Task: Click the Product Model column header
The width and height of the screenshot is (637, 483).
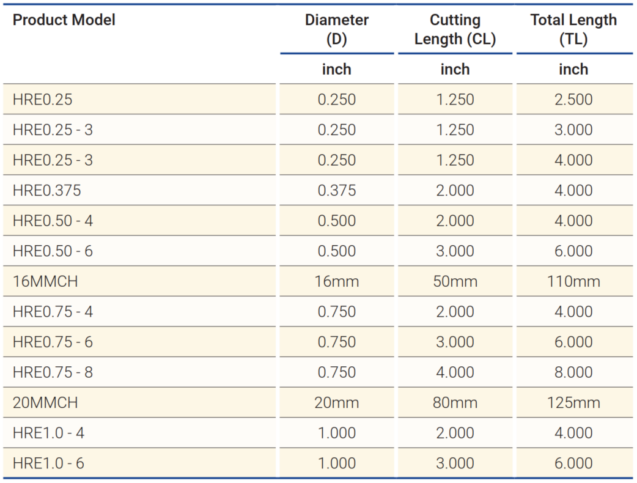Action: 64,20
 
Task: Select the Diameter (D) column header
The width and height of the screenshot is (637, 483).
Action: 337,29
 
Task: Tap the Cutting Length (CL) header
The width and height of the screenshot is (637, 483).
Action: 455,29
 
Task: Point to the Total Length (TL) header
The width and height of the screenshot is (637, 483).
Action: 573,29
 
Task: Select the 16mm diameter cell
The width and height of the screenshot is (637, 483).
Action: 337,282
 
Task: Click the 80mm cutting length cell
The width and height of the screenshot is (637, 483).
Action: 455,403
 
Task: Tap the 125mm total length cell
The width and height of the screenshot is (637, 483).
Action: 573,403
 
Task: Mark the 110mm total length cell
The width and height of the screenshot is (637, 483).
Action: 573,282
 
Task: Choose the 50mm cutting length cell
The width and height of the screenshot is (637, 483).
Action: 455,282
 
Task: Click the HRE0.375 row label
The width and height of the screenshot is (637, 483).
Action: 46,191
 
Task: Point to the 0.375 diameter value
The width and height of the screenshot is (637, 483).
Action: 337,191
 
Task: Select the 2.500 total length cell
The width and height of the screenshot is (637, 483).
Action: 573,100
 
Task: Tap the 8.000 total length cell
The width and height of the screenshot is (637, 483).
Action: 573,372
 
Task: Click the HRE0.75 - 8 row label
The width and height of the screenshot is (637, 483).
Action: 53,372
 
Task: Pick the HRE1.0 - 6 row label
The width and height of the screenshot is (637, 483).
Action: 48,463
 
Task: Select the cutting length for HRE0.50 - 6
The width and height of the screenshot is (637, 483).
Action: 455,251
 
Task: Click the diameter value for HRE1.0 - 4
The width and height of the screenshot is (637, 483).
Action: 337,433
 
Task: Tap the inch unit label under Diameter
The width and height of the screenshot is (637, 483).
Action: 337,70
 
